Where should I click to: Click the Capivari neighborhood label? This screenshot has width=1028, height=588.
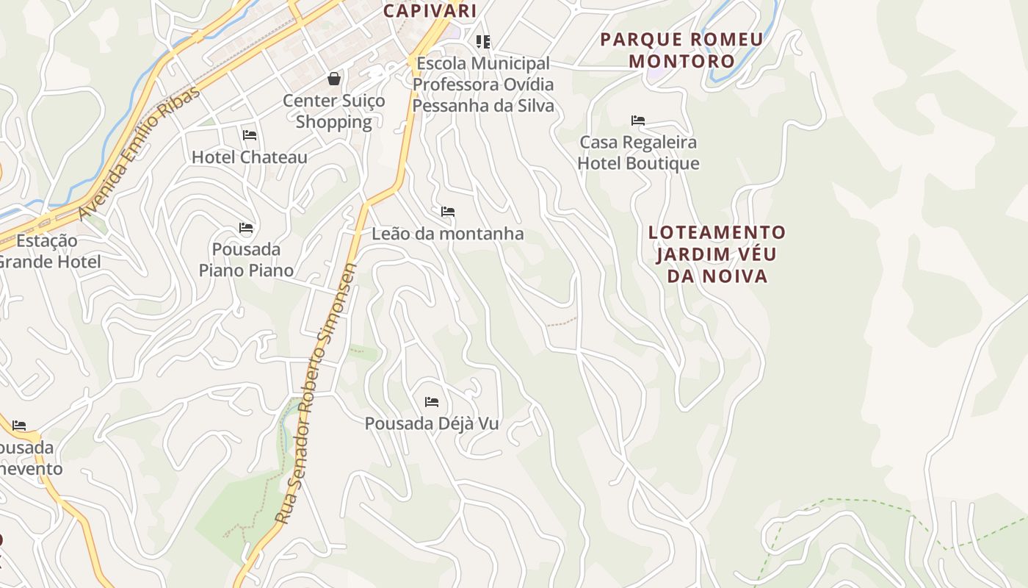[x=430, y=10]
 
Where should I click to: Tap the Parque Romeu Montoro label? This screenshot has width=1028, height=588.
[x=681, y=50]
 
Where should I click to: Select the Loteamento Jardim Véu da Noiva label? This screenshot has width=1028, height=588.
[x=717, y=254]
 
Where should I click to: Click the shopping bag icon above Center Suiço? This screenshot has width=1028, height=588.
[x=334, y=78]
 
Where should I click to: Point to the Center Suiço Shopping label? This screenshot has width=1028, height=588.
[x=334, y=111]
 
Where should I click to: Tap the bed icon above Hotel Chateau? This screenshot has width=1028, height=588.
[x=250, y=135]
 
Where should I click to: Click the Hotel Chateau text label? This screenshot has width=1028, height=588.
[x=250, y=157]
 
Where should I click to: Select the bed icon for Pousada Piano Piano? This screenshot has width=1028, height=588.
[x=246, y=228]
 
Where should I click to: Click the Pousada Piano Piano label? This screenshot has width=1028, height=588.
[x=246, y=259]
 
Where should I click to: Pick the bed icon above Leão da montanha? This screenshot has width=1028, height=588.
[x=448, y=212]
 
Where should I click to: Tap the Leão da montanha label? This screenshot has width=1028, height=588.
[x=448, y=234]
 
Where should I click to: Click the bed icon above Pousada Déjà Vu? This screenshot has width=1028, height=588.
[x=432, y=402]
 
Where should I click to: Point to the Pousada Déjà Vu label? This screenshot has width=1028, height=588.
[x=432, y=424]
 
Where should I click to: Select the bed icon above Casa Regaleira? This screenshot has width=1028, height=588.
[x=638, y=121]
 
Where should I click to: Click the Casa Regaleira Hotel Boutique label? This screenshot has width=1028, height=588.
[x=638, y=152]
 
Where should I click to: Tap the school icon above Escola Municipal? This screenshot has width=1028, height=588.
[x=482, y=42]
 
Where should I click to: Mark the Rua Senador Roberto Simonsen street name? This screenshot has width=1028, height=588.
[x=316, y=393]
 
